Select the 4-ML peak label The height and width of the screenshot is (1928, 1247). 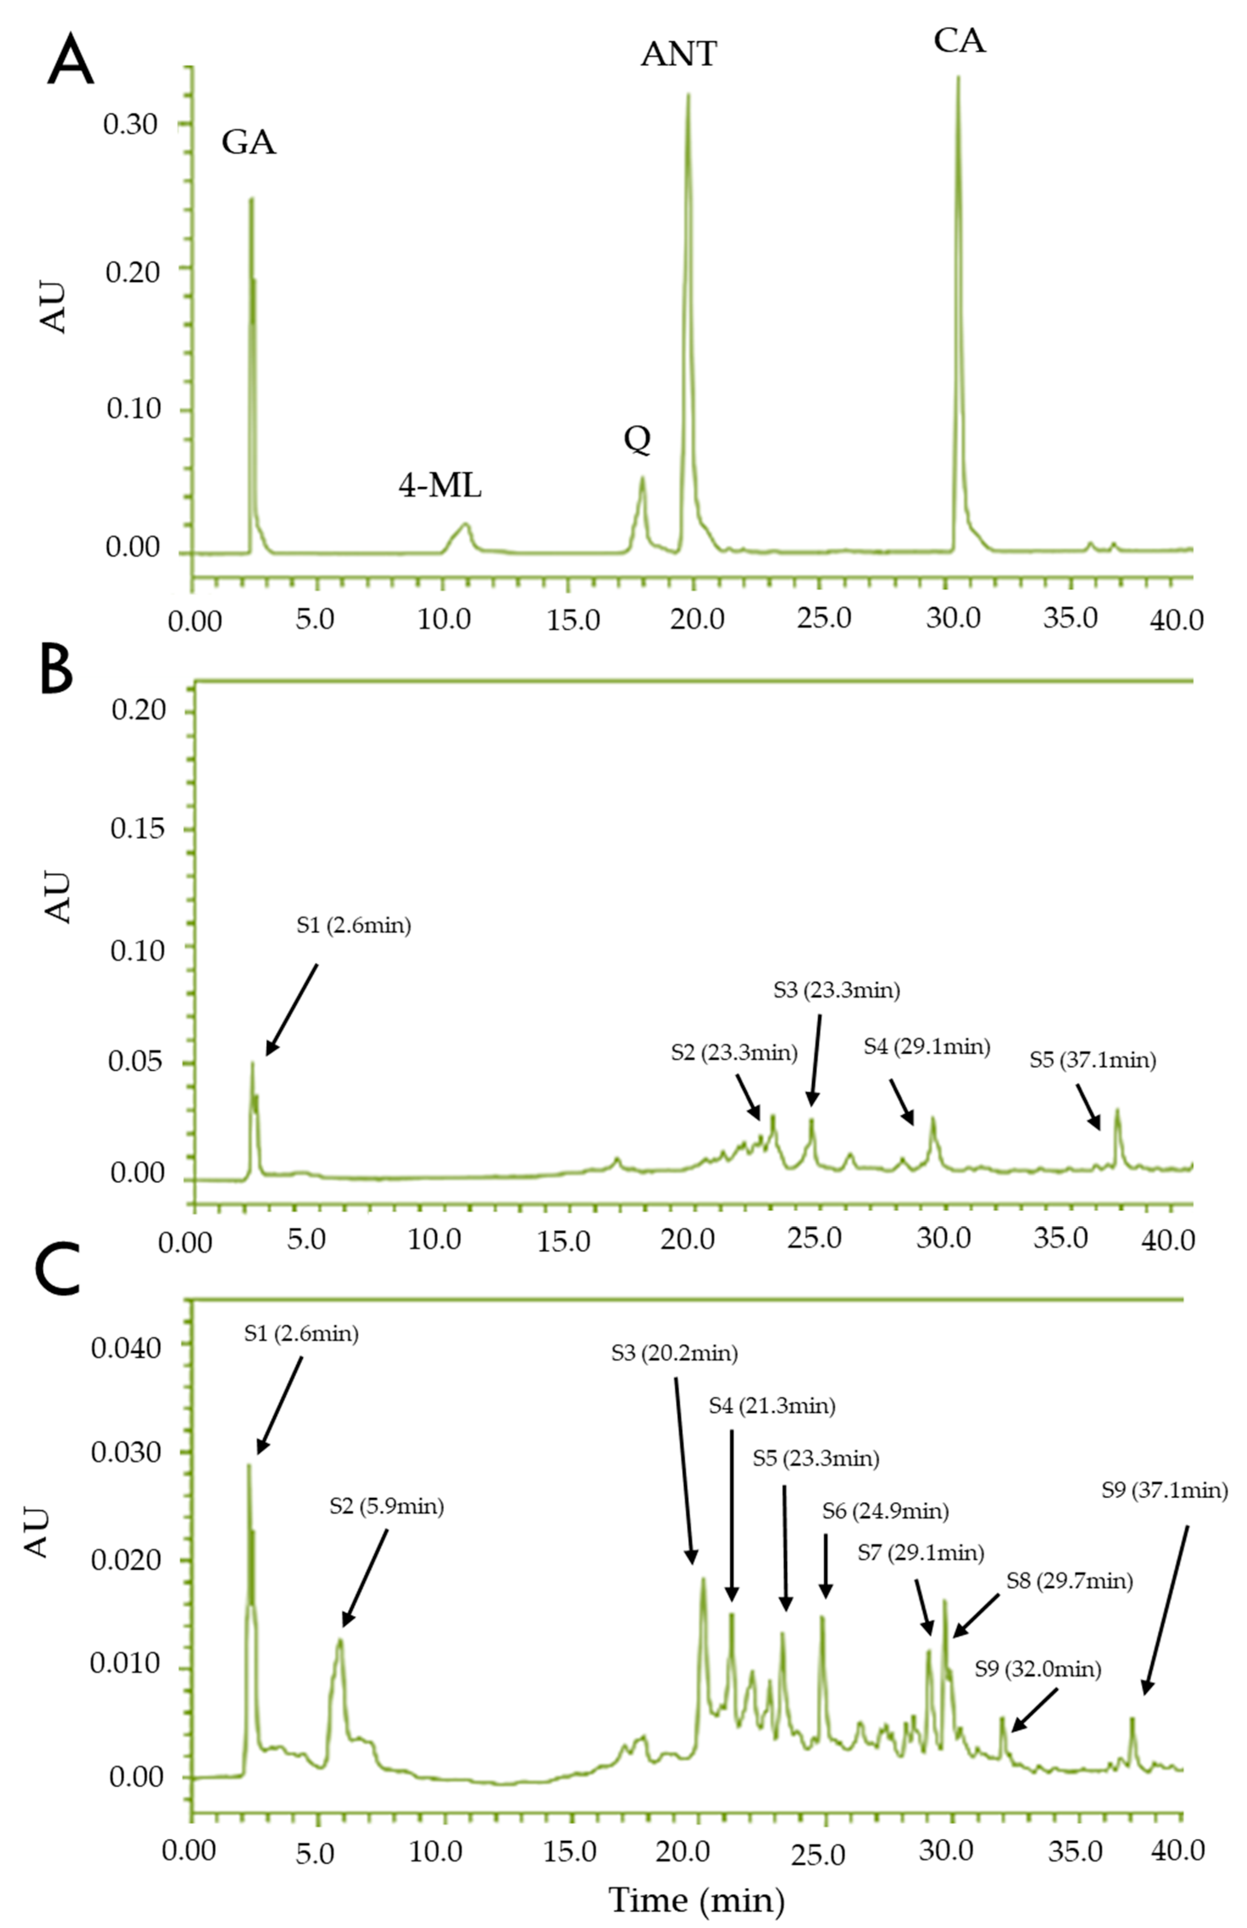point(440,486)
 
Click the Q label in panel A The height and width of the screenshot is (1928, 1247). point(636,440)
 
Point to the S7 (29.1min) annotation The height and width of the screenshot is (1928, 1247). point(921,1552)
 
